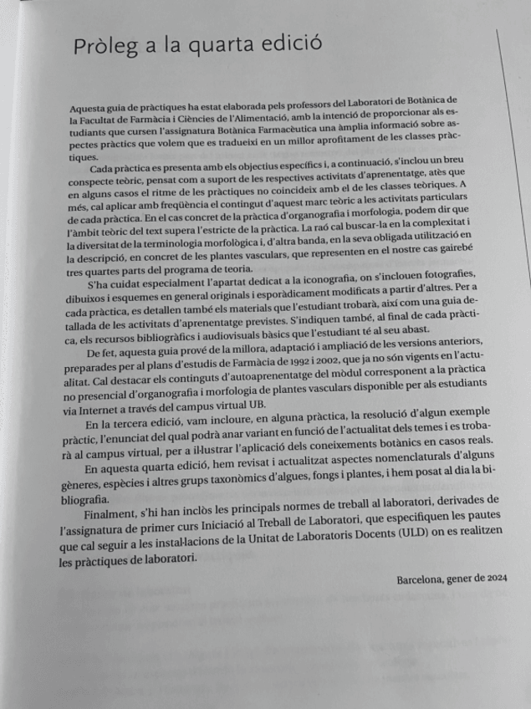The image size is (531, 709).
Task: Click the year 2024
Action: pyautogui.click(x=497, y=579)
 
